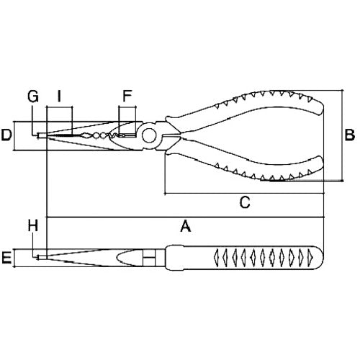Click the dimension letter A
pyautogui.click(x=184, y=226)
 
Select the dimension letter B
pyautogui.click(x=348, y=134)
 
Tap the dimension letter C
pyautogui.click(x=244, y=203)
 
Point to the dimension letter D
pyautogui.click(x=6, y=135)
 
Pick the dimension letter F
pyautogui.click(x=127, y=96)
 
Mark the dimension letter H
pyautogui.click(x=32, y=226)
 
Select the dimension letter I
pyautogui.click(x=59, y=96)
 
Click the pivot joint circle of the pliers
pyautogui.click(x=148, y=135)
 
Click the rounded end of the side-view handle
pyautogui.click(x=320, y=257)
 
